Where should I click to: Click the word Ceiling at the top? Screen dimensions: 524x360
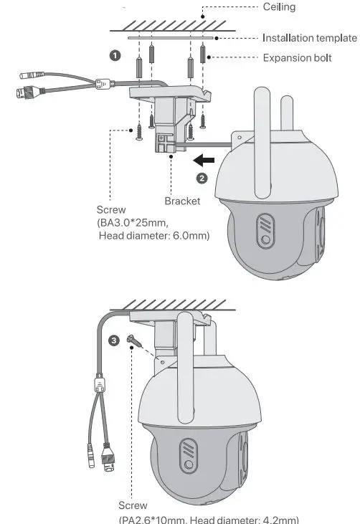click(x=280, y=7)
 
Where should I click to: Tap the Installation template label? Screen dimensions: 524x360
click(x=309, y=38)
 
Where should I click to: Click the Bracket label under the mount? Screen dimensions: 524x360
click(x=182, y=201)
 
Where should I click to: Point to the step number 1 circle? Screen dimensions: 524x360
click(x=113, y=55)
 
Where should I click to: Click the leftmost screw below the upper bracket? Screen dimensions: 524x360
click(x=137, y=132)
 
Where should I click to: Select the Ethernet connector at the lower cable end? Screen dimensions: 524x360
click(x=108, y=453)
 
